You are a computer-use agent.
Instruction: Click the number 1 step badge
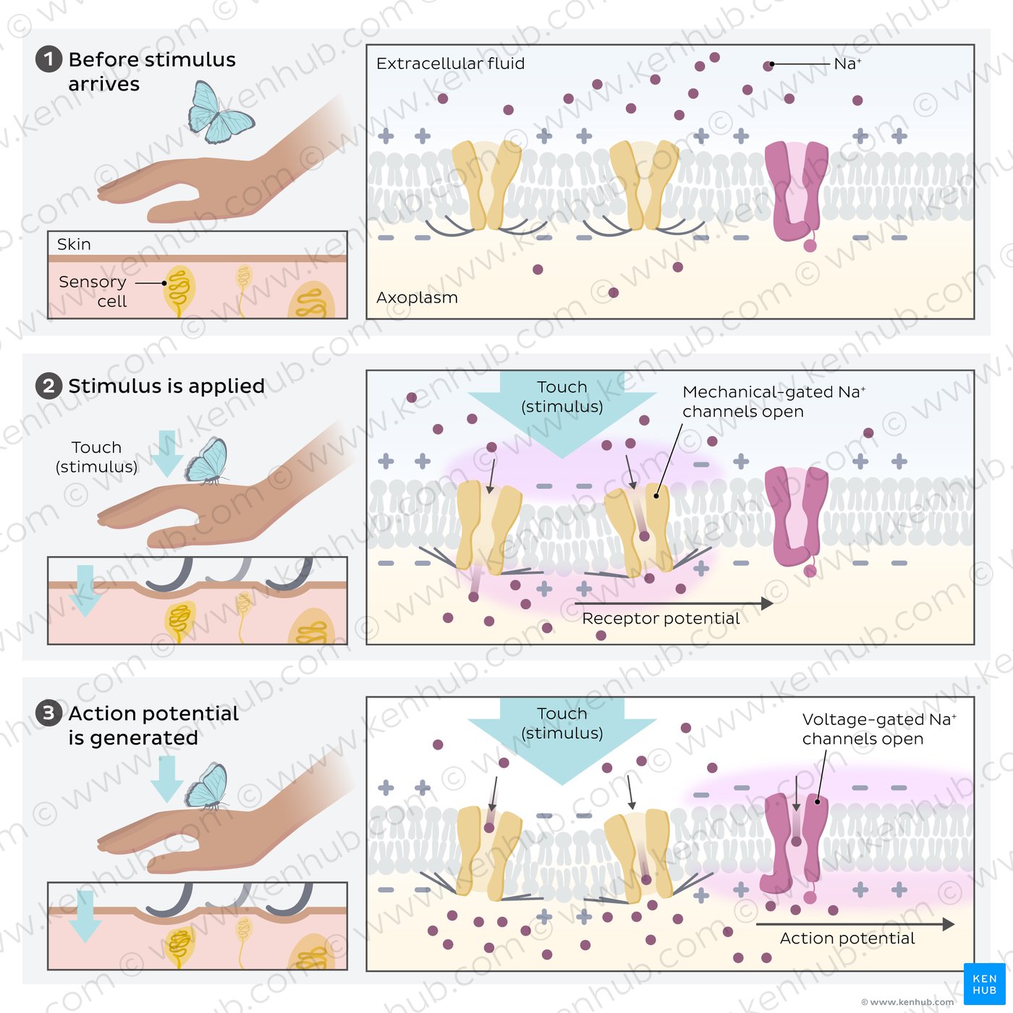48,59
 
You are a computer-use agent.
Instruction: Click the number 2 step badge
48,386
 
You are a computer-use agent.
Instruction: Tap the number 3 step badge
48,713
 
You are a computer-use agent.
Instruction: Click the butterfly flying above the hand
220,113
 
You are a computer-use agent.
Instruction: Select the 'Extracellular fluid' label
451,64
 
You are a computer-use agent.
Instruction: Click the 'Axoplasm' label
417,297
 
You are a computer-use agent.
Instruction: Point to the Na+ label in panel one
847,64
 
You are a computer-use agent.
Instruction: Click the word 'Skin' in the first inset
74,244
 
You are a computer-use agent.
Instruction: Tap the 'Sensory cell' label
93,291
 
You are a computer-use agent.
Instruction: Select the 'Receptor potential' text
661,618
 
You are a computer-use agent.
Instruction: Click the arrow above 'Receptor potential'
674,603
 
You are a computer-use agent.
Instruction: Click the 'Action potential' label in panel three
847,938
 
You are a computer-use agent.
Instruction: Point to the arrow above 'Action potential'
855,923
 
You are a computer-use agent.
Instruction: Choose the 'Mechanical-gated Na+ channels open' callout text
773,402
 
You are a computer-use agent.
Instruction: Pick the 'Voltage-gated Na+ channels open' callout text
879,729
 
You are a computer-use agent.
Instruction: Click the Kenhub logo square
985,983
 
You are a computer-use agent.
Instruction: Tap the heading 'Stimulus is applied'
166,386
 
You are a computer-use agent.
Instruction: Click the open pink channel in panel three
796,847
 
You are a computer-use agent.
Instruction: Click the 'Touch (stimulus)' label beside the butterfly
97,457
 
